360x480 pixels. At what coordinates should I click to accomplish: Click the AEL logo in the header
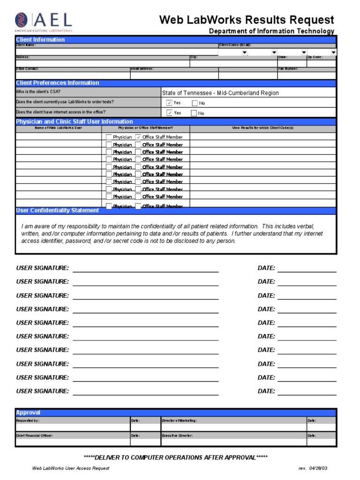(x=44, y=22)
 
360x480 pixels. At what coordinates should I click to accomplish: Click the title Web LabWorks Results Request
(x=247, y=20)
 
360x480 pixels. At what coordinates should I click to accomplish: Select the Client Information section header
(x=40, y=40)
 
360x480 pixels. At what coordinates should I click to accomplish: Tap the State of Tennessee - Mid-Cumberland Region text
(x=220, y=93)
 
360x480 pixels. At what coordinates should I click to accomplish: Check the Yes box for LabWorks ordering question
(x=169, y=103)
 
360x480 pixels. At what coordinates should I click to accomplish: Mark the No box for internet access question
(x=194, y=113)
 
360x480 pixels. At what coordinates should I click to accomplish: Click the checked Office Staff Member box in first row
(x=138, y=137)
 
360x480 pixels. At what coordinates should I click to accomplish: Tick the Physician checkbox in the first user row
(x=109, y=137)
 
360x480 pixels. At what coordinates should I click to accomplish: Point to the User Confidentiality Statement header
(x=57, y=210)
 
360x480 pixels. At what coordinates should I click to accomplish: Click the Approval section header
(x=28, y=412)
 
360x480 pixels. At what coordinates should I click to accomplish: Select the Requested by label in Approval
(x=28, y=421)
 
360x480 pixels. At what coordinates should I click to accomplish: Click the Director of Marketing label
(x=179, y=421)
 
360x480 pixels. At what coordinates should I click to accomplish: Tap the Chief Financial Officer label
(x=34, y=435)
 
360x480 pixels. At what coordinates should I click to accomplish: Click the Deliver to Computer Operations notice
(x=175, y=457)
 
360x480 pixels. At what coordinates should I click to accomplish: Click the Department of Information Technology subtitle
(x=271, y=31)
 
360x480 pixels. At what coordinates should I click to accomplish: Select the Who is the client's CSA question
(x=38, y=92)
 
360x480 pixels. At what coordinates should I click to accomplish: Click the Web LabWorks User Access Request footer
(x=70, y=468)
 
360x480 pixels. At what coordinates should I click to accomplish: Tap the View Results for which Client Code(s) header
(x=263, y=127)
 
